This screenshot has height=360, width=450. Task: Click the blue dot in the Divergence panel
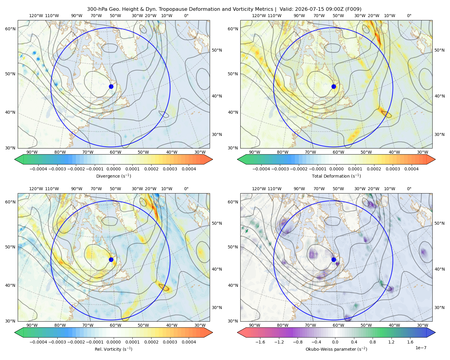click(111, 86)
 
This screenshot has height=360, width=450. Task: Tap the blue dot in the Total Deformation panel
click(334, 86)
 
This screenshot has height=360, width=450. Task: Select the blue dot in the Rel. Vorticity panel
click(111, 259)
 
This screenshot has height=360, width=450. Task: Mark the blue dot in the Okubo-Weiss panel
click(334, 259)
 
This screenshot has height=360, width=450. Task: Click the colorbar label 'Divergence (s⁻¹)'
click(113, 176)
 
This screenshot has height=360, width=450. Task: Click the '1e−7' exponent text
click(421, 348)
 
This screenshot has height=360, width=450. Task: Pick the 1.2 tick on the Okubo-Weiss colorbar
click(391, 342)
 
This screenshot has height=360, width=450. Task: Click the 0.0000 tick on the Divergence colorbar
click(113, 169)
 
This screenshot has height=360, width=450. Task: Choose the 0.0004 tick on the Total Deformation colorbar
click(411, 169)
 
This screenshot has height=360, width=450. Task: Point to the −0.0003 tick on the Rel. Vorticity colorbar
click(57, 342)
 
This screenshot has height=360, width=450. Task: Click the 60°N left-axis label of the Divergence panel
click(10, 29)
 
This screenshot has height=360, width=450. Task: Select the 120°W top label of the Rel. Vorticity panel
click(36, 189)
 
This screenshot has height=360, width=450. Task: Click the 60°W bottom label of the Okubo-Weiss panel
click(338, 325)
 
